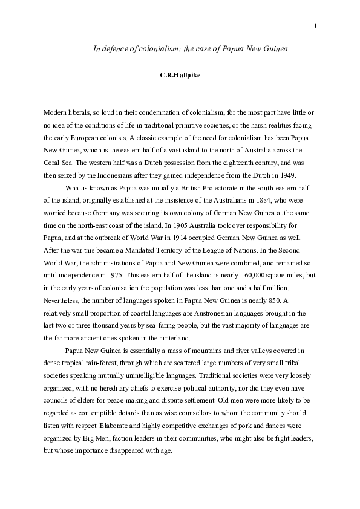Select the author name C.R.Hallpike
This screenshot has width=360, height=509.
coord(180,76)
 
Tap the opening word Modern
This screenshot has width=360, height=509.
coord(56,113)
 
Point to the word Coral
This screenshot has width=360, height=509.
coord(52,161)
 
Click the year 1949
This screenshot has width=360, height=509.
coord(286,175)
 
